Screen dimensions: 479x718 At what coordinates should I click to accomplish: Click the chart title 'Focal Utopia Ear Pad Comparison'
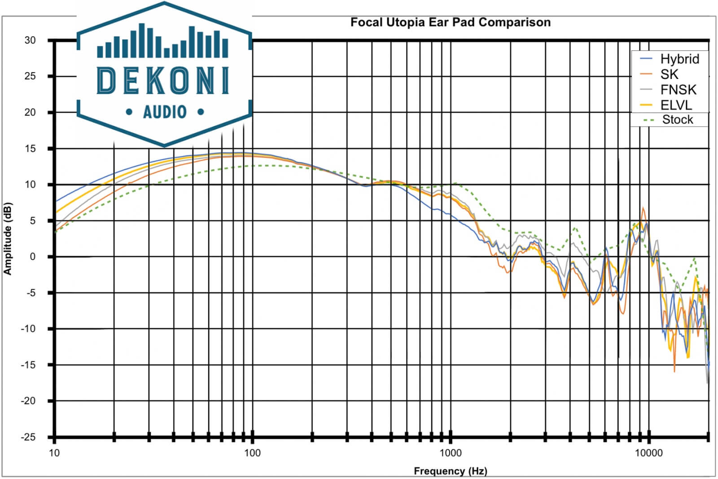[x=450, y=22]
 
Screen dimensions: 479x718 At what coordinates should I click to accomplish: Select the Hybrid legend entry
[x=679, y=59]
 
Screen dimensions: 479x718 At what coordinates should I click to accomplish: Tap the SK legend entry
[x=669, y=75]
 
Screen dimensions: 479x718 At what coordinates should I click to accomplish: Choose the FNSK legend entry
[x=678, y=90]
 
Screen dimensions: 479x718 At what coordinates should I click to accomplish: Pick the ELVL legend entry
[x=676, y=105]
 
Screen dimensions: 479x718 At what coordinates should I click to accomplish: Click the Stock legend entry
[x=677, y=120]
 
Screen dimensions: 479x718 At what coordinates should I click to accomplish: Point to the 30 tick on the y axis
[x=30, y=40]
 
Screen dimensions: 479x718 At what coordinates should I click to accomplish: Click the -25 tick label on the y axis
[x=28, y=437]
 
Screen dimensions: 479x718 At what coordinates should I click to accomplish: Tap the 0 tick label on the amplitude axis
[x=32, y=257]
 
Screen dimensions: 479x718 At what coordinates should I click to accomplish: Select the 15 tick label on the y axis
[x=30, y=149]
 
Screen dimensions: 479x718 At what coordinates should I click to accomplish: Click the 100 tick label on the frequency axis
[x=252, y=453]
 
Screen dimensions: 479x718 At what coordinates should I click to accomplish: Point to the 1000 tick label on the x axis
[x=450, y=453]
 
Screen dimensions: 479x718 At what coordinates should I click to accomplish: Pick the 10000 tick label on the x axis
[x=648, y=453]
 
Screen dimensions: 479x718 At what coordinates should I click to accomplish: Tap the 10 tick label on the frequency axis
[x=54, y=453]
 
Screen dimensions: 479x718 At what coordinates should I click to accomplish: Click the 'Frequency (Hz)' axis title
[x=450, y=471]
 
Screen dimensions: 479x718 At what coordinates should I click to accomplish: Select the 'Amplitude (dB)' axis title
[x=8, y=238]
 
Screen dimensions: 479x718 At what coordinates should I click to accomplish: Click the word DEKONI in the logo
[x=164, y=81]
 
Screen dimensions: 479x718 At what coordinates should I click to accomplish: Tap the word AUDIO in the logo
[x=164, y=112]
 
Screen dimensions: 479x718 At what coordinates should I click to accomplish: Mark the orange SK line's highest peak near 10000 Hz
[x=643, y=208]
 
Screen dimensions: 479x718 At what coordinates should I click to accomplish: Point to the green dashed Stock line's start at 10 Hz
[x=55, y=232]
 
